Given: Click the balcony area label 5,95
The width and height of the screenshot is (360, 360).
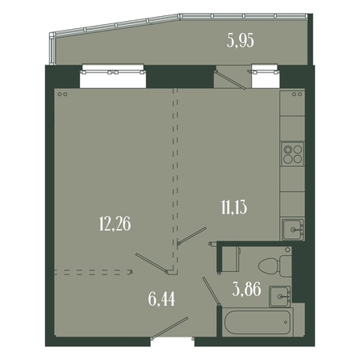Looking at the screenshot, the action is pyautogui.click(x=241, y=42).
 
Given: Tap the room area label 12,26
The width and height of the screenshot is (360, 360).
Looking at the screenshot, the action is pyautogui.click(x=115, y=224).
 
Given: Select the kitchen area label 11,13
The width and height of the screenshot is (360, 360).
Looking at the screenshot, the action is pyautogui.click(x=234, y=207).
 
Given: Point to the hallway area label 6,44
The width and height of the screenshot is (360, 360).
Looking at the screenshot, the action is pyautogui.click(x=161, y=299).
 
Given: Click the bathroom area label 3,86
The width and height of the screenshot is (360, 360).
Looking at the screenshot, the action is pyautogui.click(x=247, y=290).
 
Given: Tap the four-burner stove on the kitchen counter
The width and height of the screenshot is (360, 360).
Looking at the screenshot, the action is pyautogui.click(x=293, y=154).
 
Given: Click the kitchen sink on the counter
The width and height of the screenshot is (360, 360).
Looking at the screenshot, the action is pyautogui.click(x=293, y=229).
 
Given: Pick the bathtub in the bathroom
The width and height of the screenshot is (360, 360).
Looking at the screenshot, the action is pyautogui.click(x=258, y=322).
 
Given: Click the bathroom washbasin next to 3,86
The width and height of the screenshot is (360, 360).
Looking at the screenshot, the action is pyautogui.click(x=280, y=296).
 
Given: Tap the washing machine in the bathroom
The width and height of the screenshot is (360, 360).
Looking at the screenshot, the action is pyautogui.click(x=230, y=258).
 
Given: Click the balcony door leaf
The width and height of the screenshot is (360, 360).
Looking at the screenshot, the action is pyautogui.click(x=230, y=80).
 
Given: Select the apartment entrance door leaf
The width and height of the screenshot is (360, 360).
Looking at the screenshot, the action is pyautogui.click(x=170, y=327).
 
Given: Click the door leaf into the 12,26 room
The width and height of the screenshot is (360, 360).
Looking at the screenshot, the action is pyautogui.click(x=153, y=263).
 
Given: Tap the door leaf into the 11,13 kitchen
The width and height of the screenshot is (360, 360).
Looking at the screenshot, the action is pyautogui.click(x=192, y=236).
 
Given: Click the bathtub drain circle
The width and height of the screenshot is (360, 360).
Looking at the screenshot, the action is pyautogui.click(x=286, y=322).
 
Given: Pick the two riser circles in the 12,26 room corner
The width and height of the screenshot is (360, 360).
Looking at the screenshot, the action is pyautogui.click(x=62, y=94).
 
